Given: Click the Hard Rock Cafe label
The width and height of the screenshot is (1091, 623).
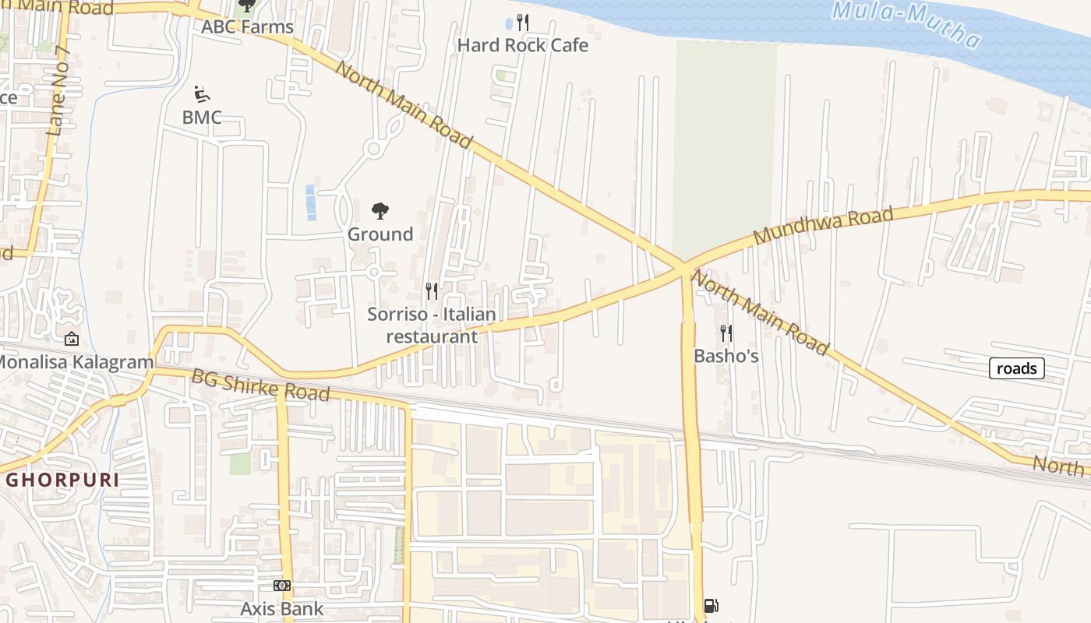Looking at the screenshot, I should [x=522, y=45].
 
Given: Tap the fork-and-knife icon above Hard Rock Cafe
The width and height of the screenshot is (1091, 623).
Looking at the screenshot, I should [x=523, y=23].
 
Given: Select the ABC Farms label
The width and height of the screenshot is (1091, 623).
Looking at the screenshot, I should [x=247, y=26].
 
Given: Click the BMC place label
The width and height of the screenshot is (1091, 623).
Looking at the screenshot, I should [x=202, y=118].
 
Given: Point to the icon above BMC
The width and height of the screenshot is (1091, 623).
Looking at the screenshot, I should [x=202, y=95].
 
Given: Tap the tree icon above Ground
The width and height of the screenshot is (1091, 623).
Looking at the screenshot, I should [x=380, y=210].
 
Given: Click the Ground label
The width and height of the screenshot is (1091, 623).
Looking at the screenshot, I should [x=380, y=234].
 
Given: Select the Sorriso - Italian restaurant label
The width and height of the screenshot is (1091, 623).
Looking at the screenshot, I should [x=432, y=326].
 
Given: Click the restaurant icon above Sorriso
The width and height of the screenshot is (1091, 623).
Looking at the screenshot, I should [x=432, y=291].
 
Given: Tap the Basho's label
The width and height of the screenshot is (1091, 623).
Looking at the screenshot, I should [x=726, y=356].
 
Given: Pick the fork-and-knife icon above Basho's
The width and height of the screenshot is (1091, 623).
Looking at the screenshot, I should [x=726, y=333].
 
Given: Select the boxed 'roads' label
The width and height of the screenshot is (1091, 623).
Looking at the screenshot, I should [x=1016, y=368].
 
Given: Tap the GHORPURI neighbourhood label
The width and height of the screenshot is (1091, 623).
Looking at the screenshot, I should [x=62, y=480].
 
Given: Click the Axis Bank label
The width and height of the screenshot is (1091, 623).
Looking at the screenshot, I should [x=281, y=608].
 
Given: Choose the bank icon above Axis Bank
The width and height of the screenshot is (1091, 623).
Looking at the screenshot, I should [x=282, y=586].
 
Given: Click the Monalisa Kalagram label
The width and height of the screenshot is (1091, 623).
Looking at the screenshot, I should [x=75, y=362].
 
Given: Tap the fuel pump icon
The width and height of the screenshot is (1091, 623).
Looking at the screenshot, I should [x=711, y=605].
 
